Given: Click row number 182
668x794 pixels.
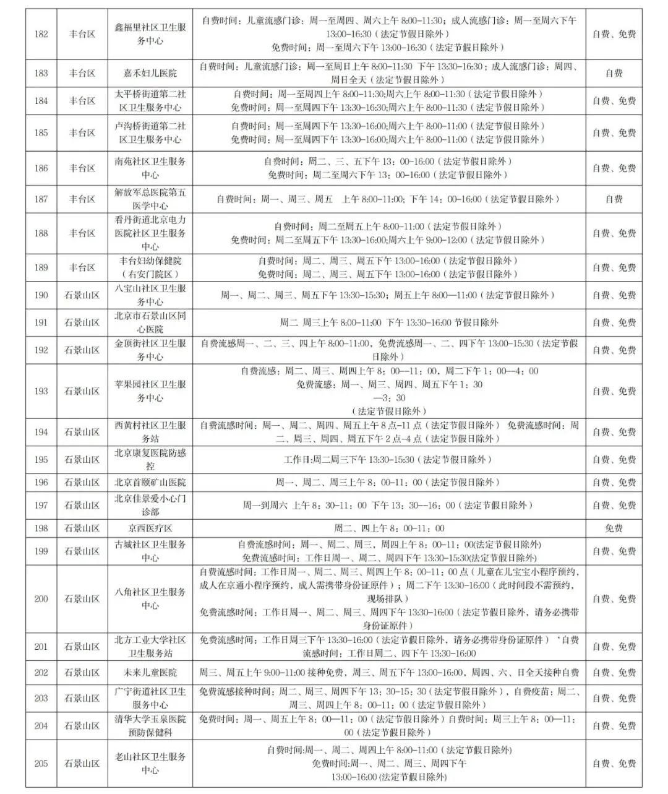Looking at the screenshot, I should pos(41,34).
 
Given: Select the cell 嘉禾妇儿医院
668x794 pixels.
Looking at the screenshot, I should pos(150,73).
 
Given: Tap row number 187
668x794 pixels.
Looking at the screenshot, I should pos(41,199).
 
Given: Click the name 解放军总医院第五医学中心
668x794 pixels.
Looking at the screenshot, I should pos(150,199).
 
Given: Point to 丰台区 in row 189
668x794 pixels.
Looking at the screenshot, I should pos(82,267).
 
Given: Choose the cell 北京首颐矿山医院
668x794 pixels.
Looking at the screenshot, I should pos(150,482).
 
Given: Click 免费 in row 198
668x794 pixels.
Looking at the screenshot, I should pos(614,529).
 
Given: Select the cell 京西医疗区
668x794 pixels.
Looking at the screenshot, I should pos(150,529).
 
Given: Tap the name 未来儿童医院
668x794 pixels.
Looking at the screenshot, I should pos(150,673).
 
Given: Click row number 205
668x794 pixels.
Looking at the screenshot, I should pos(41,763).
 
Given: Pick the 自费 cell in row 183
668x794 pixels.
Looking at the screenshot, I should pos(614,73).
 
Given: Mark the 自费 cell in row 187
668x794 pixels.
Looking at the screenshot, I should pos(614,199).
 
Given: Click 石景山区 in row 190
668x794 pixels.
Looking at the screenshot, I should pos(82,295).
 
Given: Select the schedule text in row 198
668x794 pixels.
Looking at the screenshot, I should pos(389,529).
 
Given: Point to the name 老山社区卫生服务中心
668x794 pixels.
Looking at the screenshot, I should pos(150,763).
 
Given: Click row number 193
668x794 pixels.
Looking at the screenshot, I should pos(41,391).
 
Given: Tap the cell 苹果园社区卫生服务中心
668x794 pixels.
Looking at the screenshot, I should pos(150,391).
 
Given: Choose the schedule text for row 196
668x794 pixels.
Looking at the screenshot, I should pos(389,482).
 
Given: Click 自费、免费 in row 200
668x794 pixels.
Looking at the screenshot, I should pos(614,598).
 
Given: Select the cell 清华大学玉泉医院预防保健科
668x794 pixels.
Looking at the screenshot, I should pos(150,726).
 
